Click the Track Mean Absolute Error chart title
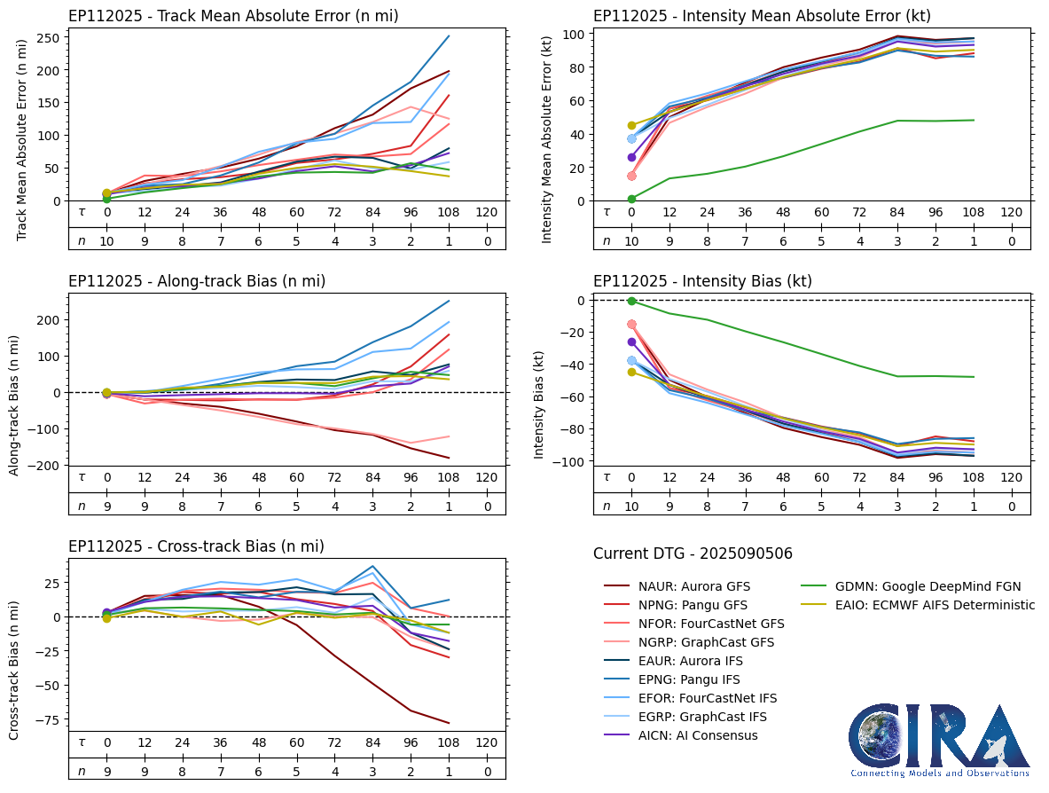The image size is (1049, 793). coord(233,16)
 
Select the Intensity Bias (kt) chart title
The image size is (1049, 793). coord(702,281)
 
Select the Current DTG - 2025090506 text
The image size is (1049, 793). coord(693,554)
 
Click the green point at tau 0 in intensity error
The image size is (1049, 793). coord(631,199)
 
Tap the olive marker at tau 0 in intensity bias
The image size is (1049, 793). coord(631,372)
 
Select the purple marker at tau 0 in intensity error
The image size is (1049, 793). coord(631,157)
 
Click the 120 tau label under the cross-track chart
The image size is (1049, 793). coord(487,742)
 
